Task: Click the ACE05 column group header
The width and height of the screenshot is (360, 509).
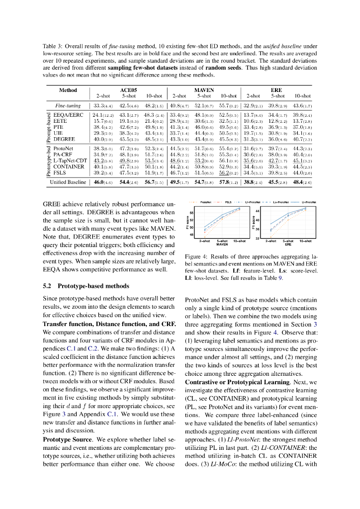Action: coord(128,90)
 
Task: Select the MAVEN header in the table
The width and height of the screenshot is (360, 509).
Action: coord(203,90)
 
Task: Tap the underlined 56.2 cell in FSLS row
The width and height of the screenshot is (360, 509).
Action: coord(228,172)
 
